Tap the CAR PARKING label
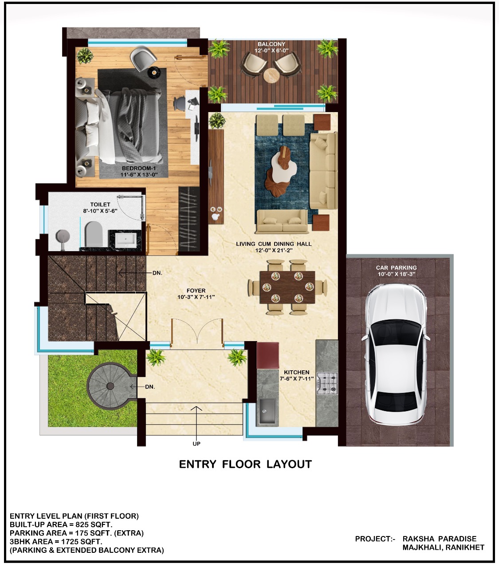click(396, 268)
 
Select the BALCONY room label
click(271, 44)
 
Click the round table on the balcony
click(271, 76)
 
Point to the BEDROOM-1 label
click(139, 168)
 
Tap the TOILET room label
click(100, 204)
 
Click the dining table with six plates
click(287, 287)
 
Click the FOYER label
click(196, 291)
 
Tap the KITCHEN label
click(297, 372)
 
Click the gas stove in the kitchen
click(327, 384)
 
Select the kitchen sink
click(267, 411)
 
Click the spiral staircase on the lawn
click(106, 386)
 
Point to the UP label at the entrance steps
click(196, 443)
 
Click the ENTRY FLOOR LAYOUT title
click(245, 464)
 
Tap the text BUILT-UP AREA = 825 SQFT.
click(61, 524)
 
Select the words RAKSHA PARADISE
click(439, 539)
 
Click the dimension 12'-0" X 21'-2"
click(274, 250)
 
